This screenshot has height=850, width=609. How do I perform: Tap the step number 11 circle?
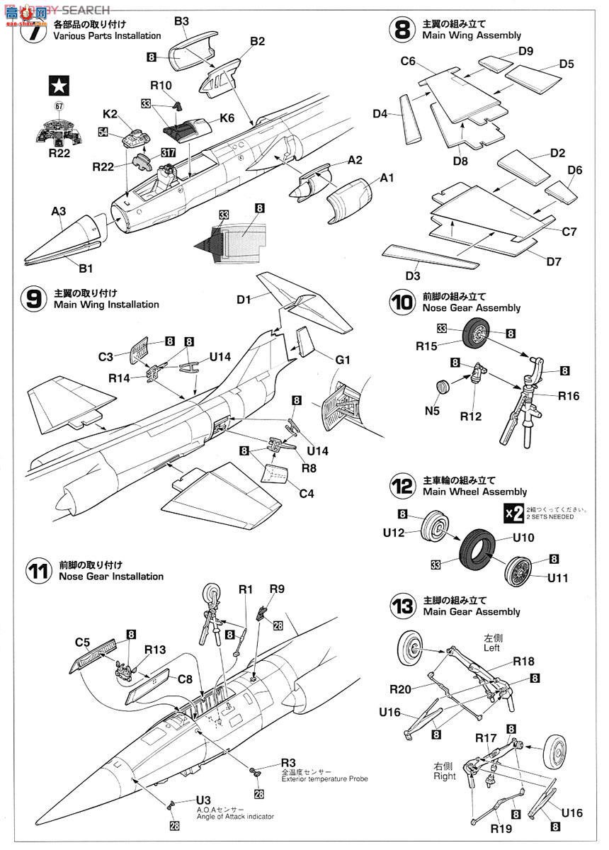pos(38,571)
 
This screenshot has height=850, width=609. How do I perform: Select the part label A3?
pos(59,211)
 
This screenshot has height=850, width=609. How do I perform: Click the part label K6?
pos(227,119)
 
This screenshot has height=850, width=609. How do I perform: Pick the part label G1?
pos(343,360)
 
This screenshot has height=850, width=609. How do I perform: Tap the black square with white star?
pos(57,86)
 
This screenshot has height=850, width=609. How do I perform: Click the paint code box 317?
pos(169,152)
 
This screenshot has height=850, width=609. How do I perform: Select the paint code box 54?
pos(103,132)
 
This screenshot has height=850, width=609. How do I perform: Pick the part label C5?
pos(82,643)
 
